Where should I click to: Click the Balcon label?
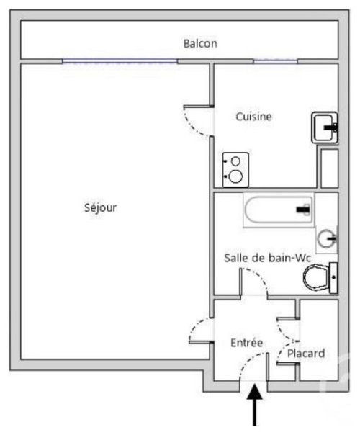click(x=200, y=43)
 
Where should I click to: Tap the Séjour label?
click(x=100, y=207)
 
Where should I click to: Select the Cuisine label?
click(x=253, y=117)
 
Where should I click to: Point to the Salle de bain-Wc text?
click(x=267, y=258)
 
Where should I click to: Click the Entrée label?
click(x=246, y=343)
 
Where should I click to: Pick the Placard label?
click(x=306, y=354)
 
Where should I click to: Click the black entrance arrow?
click(x=254, y=404)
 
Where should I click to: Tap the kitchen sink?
click(x=325, y=127)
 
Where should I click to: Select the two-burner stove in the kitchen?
click(x=235, y=169)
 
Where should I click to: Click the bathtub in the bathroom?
click(x=279, y=210)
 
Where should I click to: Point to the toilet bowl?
click(x=320, y=278)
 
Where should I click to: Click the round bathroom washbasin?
click(x=327, y=238)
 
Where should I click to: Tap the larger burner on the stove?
click(x=235, y=176)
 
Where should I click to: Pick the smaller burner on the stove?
click(x=235, y=161)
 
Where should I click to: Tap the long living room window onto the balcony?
click(x=120, y=61)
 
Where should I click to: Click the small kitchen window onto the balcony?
click(x=276, y=61)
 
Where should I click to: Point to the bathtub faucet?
click(x=303, y=210)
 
